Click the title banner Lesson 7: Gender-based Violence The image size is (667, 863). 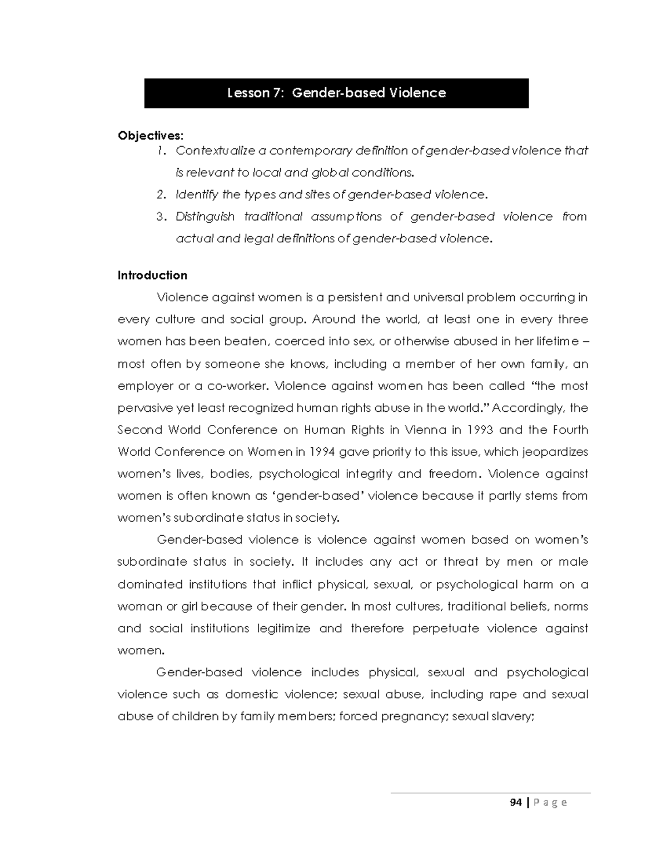point(336,93)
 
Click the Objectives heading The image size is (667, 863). point(150,136)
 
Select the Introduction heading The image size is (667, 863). point(152,276)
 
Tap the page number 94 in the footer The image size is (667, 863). point(516,802)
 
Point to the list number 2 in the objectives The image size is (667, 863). point(161,195)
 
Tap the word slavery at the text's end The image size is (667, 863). point(516,717)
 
